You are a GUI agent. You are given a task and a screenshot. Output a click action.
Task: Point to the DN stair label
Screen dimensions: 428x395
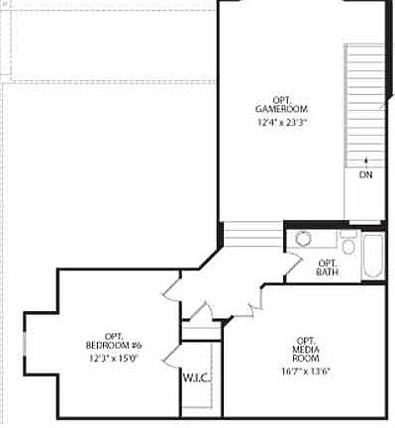365,174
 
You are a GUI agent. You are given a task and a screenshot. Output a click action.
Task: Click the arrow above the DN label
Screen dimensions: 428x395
365,158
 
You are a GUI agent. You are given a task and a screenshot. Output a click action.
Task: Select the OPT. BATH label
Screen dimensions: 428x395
328,267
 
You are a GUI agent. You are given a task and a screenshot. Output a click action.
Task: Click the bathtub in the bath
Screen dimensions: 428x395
374,256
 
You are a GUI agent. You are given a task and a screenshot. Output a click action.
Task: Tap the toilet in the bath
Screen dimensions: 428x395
348,244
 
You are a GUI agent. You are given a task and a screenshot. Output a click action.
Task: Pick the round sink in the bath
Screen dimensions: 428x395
303,240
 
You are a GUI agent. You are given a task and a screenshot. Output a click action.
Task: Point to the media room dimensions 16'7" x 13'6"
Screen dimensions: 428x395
304,373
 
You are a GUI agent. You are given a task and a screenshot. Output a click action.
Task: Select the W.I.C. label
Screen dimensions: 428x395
194,377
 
